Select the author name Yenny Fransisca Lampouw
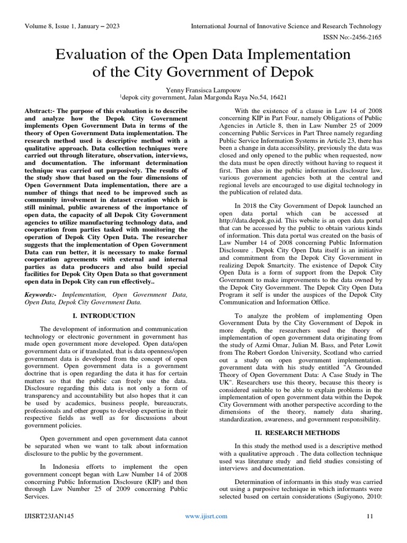(x=203, y=89)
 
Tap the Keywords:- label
(x=44, y=293)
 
